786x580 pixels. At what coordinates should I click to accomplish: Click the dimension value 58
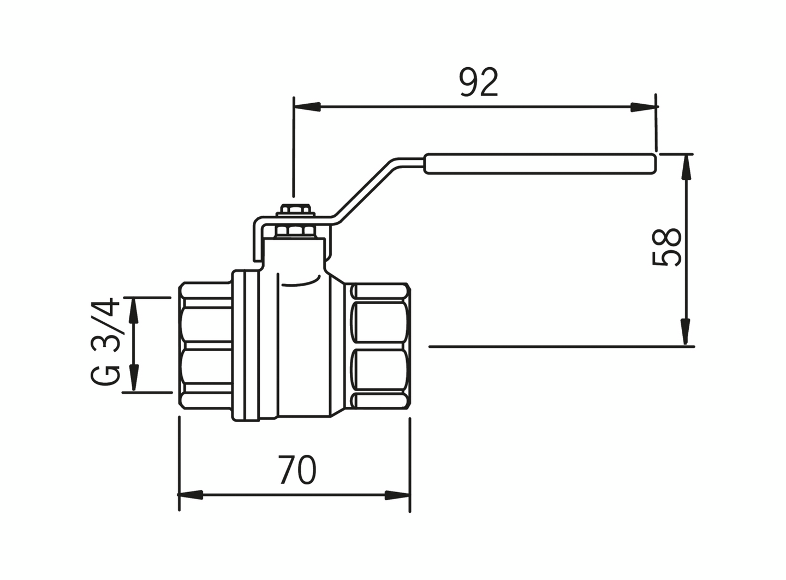click(x=666, y=247)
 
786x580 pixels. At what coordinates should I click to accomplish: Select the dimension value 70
click(x=297, y=470)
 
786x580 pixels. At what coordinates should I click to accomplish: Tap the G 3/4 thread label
click(x=105, y=341)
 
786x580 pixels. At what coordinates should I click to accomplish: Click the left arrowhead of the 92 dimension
click(x=307, y=106)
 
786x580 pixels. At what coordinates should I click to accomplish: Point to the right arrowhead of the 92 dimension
click(x=643, y=106)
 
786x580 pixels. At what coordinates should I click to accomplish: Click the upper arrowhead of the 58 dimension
click(x=686, y=168)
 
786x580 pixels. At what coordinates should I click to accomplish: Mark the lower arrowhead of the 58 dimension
click(x=686, y=332)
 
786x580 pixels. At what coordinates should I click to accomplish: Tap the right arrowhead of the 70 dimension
click(x=397, y=495)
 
